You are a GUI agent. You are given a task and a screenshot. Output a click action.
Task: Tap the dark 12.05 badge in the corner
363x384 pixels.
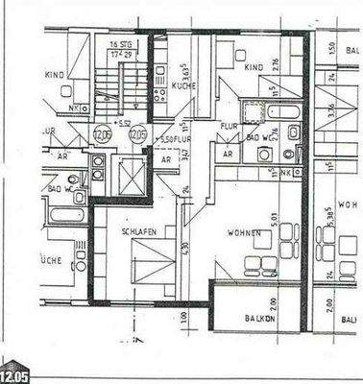[x=15, y=374]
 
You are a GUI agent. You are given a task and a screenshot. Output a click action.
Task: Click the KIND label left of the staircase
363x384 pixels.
[x=54, y=74]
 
